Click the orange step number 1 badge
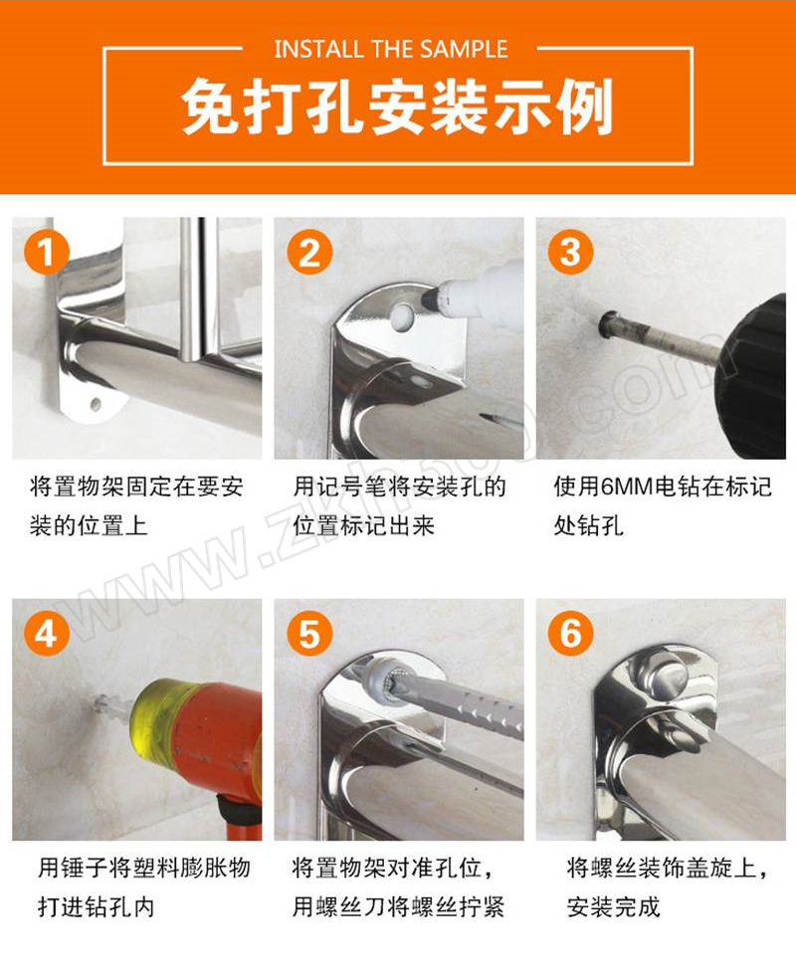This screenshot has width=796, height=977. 46,252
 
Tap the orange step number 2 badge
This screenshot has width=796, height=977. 309,252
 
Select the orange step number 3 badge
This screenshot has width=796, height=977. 570,252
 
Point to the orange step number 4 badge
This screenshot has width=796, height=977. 46,633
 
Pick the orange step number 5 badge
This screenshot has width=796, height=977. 309,633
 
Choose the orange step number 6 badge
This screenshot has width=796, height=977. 570,633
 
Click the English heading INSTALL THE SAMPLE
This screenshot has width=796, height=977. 391,49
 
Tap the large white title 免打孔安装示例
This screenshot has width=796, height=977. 397,106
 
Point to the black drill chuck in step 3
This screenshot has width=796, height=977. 753,374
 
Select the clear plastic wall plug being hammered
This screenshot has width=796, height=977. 110,704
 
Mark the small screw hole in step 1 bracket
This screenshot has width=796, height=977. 96,405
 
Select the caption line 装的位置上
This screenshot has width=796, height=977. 89,526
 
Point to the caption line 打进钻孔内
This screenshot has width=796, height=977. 96,906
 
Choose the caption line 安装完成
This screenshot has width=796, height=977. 613,906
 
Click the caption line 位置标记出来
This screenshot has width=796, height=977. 363,526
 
